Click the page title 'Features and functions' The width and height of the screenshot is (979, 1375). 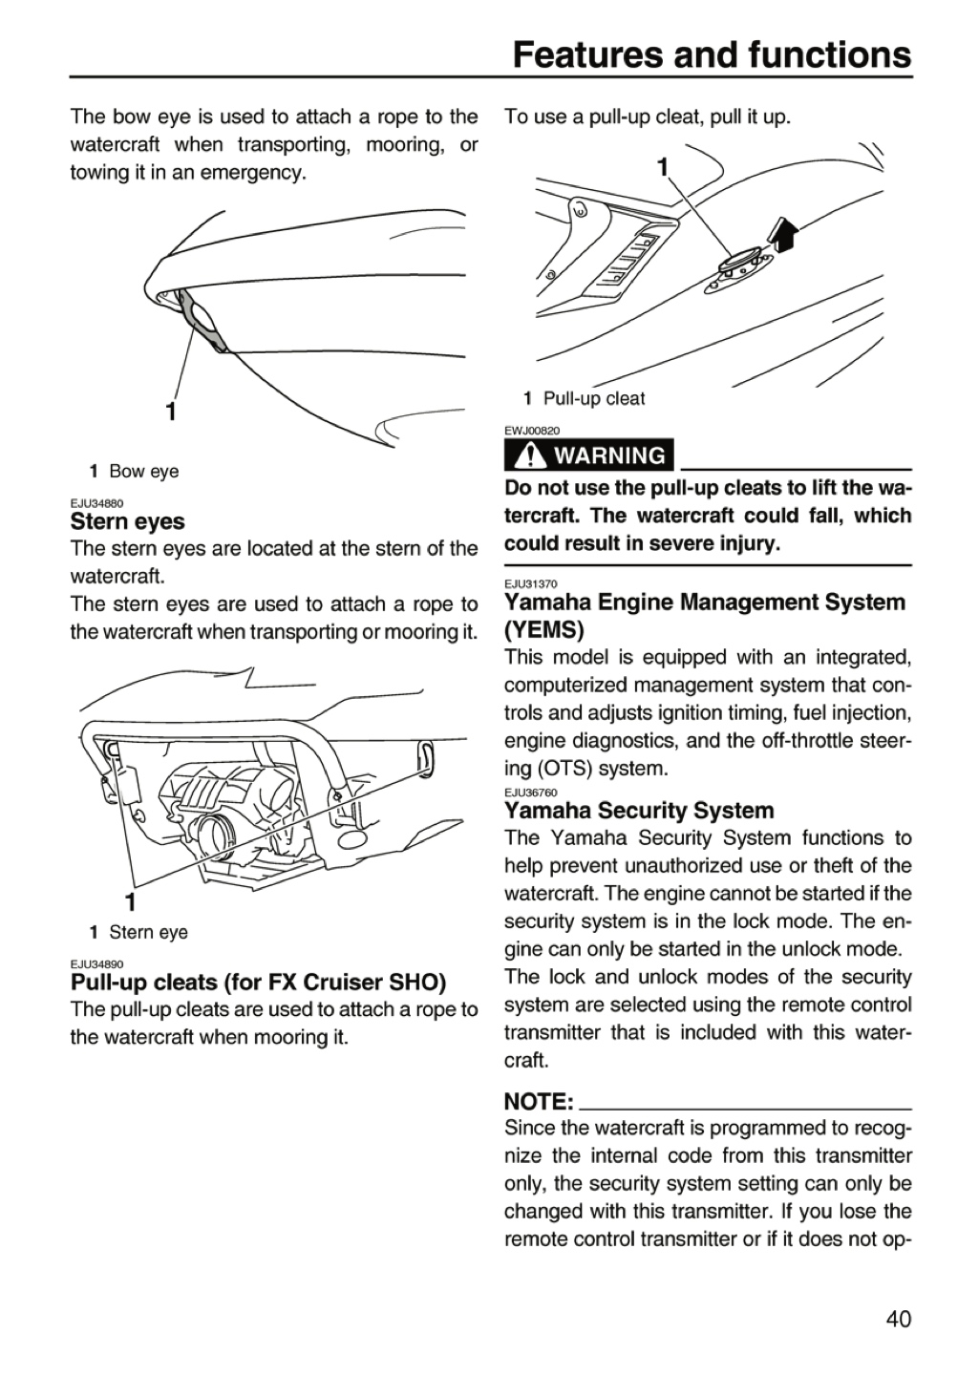[712, 54]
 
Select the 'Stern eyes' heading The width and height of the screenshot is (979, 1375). [127, 521]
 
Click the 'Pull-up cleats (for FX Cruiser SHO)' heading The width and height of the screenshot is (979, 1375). [259, 983]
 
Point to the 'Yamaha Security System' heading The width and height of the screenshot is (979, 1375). [639, 811]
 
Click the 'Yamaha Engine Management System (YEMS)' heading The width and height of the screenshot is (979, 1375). [705, 616]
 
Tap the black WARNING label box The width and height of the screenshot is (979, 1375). [588, 455]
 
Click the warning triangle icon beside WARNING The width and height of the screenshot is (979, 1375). [527, 455]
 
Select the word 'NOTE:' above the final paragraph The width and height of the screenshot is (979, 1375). [539, 1102]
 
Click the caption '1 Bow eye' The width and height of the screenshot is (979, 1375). [134, 472]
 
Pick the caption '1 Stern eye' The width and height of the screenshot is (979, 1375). [138, 932]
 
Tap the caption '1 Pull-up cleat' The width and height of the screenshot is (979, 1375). [585, 398]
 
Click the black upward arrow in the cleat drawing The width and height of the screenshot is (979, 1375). [784, 234]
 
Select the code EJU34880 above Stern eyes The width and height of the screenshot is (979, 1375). [97, 503]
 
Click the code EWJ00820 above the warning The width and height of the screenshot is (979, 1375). [532, 431]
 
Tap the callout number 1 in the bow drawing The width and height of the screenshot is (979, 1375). [172, 412]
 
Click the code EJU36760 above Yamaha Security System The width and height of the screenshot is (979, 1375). [531, 793]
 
